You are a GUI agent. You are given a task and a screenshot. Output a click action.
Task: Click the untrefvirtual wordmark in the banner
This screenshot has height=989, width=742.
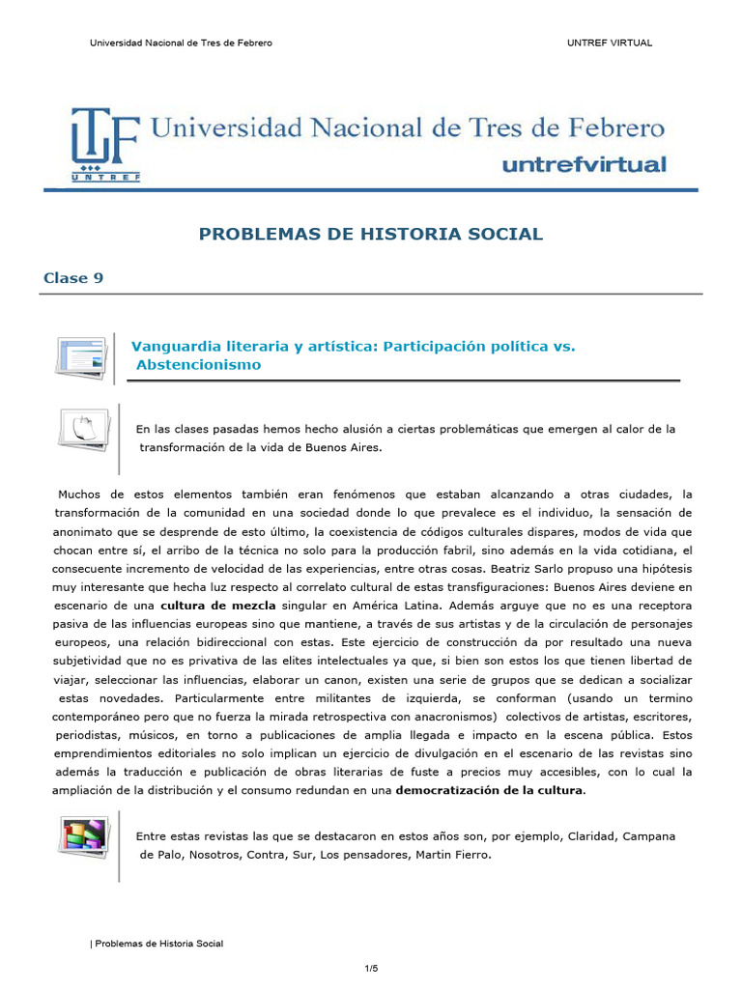[584, 164]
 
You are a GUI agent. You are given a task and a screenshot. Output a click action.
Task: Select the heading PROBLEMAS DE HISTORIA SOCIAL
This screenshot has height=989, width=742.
[371, 234]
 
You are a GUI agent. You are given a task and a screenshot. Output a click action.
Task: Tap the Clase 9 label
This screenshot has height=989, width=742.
[72, 278]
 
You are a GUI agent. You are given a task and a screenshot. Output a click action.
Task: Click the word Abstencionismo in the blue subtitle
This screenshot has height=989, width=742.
[199, 365]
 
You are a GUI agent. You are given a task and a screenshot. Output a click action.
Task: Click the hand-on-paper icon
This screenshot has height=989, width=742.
[83, 428]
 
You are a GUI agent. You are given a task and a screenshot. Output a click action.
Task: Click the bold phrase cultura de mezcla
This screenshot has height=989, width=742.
[218, 606]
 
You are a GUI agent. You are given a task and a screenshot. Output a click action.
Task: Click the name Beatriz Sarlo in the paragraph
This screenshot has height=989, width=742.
[561, 569]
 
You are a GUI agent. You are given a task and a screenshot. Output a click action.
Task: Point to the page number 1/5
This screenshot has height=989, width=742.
[371, 968]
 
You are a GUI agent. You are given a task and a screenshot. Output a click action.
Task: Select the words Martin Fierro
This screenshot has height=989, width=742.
[444, 854]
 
